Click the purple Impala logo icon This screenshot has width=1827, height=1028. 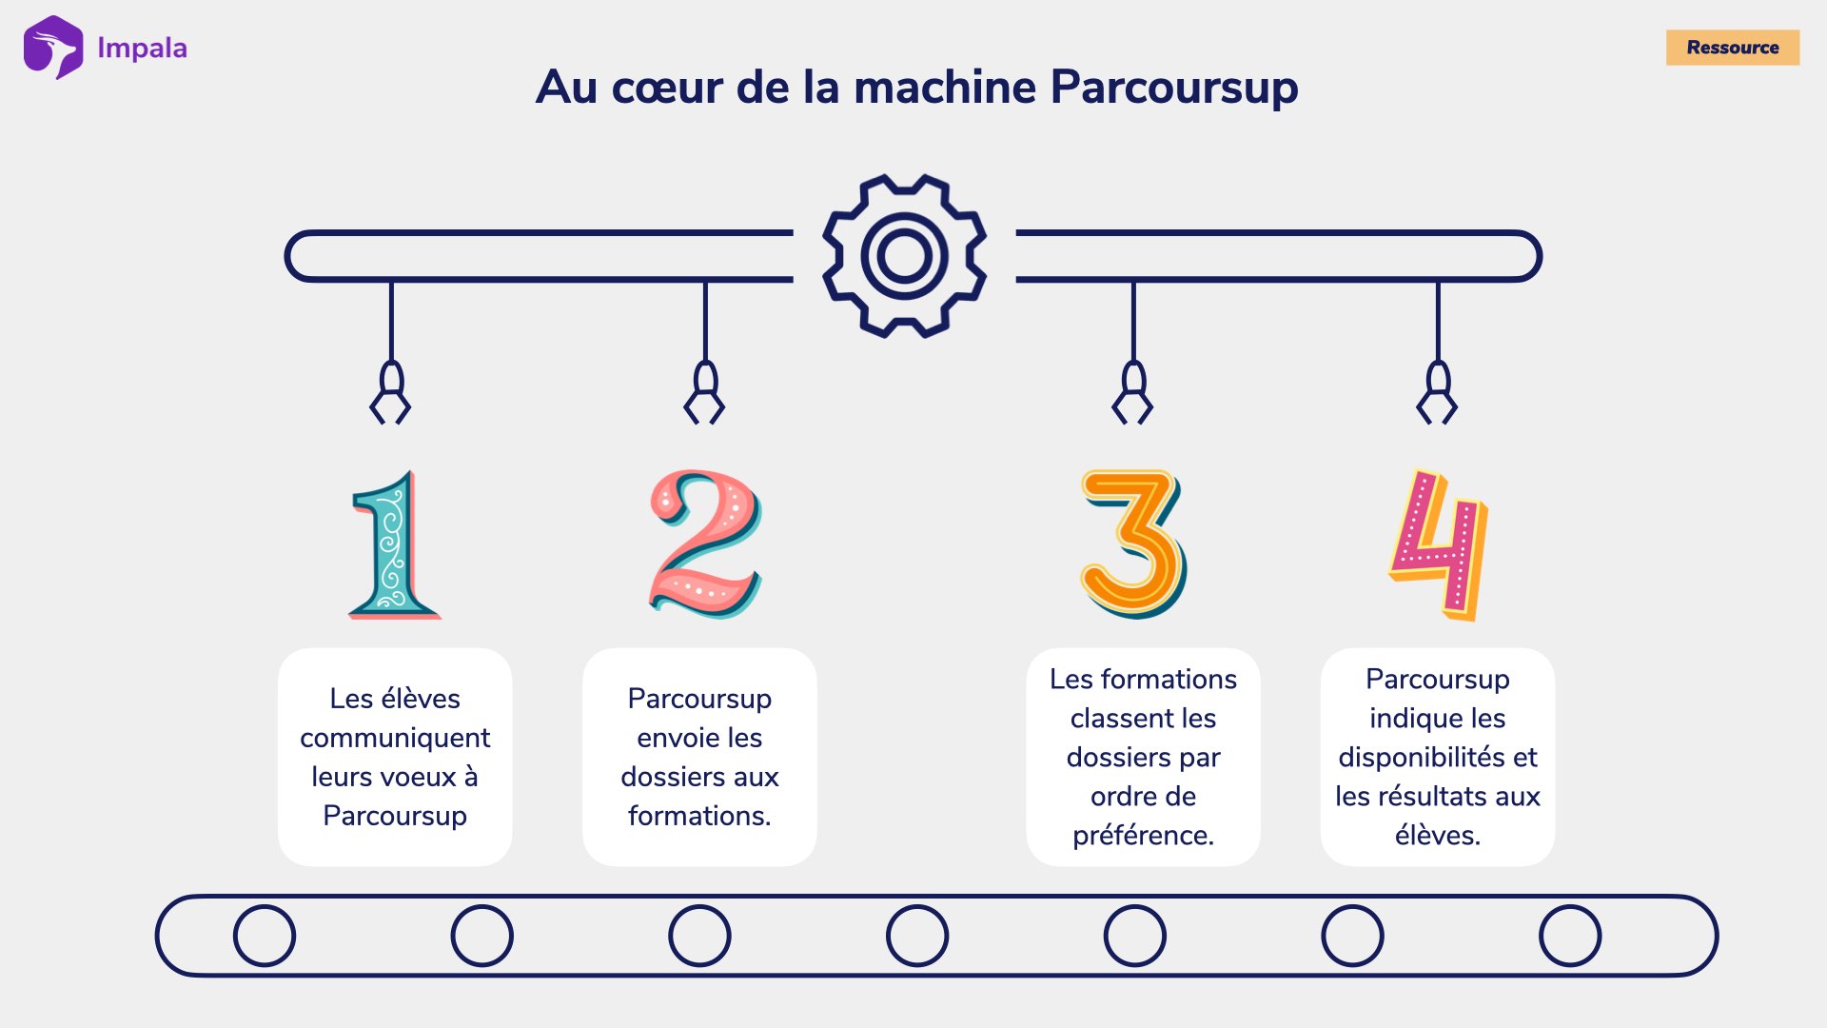click(53, 48)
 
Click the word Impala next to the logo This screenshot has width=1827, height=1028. click(142, 48)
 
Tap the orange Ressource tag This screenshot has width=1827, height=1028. click(1732, 48)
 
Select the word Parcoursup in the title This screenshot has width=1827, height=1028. click(1174, 88)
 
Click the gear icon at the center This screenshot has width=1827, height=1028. click(904, 255)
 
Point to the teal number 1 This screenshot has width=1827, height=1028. click(393, 546)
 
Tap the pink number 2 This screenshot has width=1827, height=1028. click(704, 544)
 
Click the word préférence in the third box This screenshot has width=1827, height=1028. click(1143, 835)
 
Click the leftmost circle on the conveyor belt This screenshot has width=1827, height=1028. click(265, 936)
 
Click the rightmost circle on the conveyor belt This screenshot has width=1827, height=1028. click(1570, 936)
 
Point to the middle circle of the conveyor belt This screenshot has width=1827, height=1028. click(917, 936)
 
